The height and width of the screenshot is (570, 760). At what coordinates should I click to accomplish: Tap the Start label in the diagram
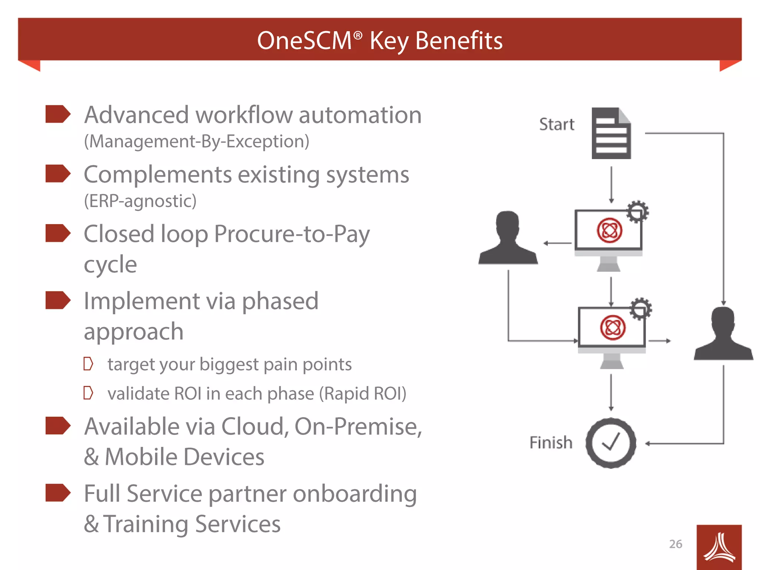pyautogui.click(x=556, y=124)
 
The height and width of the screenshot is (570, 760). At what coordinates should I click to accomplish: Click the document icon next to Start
pyautogui.click(x=611, y=134)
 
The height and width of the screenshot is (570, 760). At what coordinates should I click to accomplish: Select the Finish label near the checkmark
pyautogui.click(x=551, y=442)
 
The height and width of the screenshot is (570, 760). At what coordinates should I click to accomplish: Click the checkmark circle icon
pyautogui.click(x=611, y=443)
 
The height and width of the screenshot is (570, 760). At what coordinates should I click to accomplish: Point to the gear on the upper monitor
pyautogui.click(x=638, y=212)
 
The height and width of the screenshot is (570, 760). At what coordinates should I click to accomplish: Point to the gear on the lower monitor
pyautogui.click(x=641, y=309)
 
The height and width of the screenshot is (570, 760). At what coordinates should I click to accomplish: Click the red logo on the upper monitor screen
pyautogui.click(x=609, y=230)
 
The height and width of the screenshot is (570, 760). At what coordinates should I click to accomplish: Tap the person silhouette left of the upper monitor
pyautogui.click(x=508, y=239)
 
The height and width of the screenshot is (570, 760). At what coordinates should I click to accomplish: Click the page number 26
pyautogui.click(x=675, y=544)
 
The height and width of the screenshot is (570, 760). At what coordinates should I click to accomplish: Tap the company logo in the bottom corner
pyautogui.click(x=719, y=547)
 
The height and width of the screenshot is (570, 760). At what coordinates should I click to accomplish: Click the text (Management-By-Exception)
pyautogui.click(x=197, y=141)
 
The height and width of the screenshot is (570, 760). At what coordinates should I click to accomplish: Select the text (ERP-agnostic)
pyautogui.click(x=140, y=201)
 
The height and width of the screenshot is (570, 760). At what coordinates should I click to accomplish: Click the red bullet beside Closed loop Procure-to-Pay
pyautogui.click(x=58, y=233)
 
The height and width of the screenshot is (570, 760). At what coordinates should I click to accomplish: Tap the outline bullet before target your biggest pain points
pyautogui.click(x=88, y=364)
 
